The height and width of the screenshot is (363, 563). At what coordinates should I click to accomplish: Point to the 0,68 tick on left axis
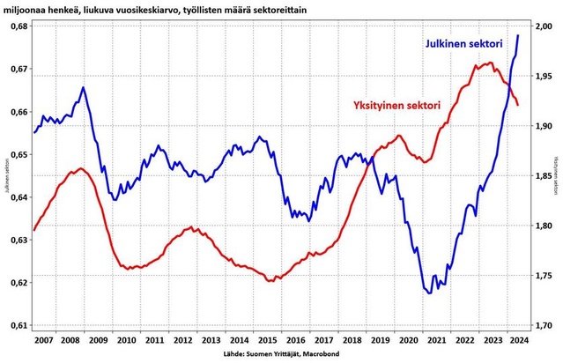16,26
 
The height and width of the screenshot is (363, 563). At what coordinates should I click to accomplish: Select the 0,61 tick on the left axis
16,326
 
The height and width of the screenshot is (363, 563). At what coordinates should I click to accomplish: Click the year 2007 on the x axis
41,339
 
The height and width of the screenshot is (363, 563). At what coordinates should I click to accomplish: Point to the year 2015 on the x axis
265,339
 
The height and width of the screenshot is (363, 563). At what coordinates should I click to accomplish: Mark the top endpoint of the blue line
518,35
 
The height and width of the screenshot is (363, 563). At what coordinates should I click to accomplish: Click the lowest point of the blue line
429,293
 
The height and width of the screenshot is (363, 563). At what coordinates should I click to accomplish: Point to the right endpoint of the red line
518,106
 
